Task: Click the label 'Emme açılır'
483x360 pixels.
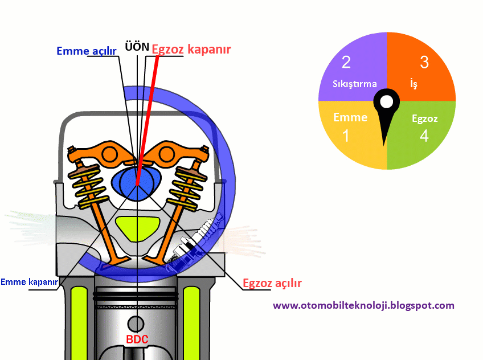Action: (87, 51)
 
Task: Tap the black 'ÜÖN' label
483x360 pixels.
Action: (137, 46)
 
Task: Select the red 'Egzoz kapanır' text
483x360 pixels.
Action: (191, 50)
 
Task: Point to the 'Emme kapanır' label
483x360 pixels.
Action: (29, 281)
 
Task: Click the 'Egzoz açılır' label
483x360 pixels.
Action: (272, 283)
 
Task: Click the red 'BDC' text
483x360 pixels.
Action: (137, 339)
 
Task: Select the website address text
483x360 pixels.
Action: (363, 305)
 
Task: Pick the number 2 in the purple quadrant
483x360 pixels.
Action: (346, 62)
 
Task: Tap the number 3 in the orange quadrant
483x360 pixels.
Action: (424, 62)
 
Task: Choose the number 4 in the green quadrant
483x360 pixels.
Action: (424, 136)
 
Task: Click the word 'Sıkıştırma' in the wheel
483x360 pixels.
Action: (355, 84)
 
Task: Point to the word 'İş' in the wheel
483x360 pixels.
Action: (414, 84)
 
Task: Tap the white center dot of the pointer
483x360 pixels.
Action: (387, 103)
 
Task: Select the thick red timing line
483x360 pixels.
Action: (148, 114)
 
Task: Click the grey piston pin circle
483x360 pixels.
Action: (136, 324)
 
